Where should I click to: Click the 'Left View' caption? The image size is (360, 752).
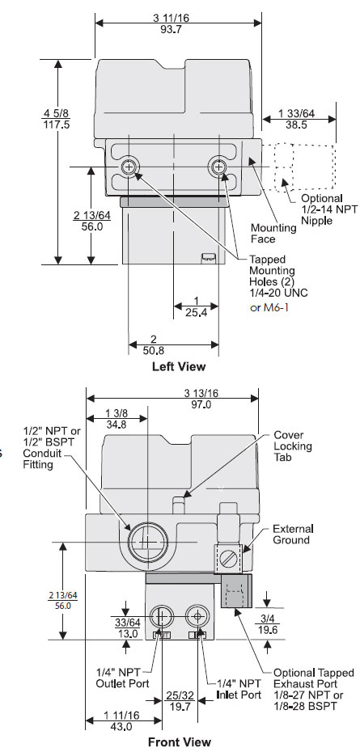179,366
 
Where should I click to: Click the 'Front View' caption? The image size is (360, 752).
179,741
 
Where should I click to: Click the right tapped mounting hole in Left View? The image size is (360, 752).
218,167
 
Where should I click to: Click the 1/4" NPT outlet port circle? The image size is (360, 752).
162,617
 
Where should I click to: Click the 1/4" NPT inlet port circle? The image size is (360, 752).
196,617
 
